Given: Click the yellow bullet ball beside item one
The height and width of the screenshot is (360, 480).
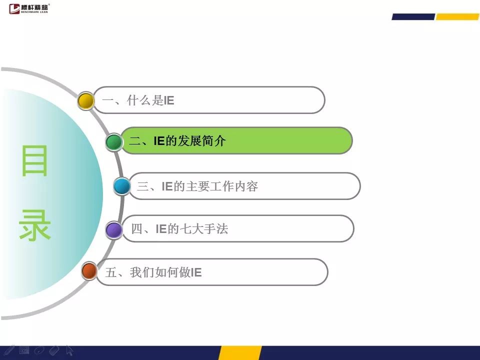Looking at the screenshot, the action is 85,100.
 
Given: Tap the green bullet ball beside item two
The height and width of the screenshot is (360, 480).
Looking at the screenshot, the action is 114,142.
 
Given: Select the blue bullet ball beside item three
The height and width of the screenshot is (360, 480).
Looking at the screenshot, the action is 122,186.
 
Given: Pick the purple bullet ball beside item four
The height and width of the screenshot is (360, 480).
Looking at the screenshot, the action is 114,230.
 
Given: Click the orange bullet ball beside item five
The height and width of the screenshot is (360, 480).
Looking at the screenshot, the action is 89,271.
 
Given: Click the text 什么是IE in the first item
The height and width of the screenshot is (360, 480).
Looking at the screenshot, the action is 150,100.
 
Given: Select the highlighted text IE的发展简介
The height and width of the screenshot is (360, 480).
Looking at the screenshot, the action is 190,141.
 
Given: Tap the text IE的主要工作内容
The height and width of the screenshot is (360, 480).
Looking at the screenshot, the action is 210,186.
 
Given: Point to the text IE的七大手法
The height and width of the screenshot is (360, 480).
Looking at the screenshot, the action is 192,228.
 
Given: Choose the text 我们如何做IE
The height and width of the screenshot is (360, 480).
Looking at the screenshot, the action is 165,272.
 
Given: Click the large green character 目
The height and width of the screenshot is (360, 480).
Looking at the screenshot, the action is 34,160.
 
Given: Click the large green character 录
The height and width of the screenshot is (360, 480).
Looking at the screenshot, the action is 34,225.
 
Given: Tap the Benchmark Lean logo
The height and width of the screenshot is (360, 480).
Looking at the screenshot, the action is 29,8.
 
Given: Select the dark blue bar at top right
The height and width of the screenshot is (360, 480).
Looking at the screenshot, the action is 413,16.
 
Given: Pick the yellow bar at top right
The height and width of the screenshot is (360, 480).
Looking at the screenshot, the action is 457,16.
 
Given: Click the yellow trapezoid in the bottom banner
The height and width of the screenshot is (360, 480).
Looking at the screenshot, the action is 240,353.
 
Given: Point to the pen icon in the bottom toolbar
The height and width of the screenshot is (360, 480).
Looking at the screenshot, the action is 8,350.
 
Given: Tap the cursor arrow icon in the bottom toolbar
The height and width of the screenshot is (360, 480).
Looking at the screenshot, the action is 69,351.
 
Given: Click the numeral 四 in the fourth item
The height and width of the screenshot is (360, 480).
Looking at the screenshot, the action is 137,229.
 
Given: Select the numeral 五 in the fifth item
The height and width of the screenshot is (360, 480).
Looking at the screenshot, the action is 111,272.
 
